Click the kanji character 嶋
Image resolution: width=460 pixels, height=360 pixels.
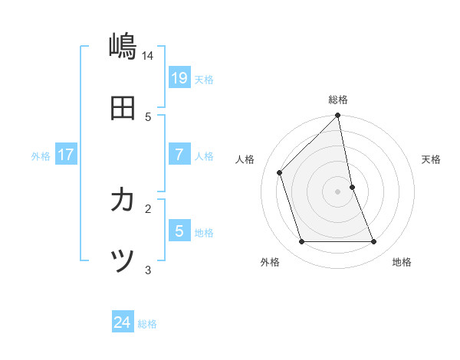pos(123,47)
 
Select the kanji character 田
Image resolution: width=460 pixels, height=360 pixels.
pos(123,109)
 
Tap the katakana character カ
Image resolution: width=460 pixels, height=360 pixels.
pos(123,201)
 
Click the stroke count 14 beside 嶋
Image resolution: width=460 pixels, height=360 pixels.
pos(148,56)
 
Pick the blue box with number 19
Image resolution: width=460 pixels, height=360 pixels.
pos(179,77)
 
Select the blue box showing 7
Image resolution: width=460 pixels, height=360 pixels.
pos(179,154)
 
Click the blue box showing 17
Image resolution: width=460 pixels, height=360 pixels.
pos(66,154)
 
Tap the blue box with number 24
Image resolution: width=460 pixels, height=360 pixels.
pos(123,322)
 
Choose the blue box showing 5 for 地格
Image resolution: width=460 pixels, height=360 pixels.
pos(179,231)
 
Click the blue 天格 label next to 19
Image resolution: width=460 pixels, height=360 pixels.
pos(204,80)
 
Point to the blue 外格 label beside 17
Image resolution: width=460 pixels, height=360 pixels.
pos(41,156)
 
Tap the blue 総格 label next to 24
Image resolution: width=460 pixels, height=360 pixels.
pos(147,325)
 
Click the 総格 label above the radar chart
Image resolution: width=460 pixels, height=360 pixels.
pos(338,100)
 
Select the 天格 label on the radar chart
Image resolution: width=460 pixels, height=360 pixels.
pos(432,159)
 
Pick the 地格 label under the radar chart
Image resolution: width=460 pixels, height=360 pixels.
pos(402,262)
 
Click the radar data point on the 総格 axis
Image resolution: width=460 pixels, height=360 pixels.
pos(338,116)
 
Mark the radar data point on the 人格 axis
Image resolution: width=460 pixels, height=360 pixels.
pos(280,172)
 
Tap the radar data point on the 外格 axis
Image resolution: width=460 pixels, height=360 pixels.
pos(302,242)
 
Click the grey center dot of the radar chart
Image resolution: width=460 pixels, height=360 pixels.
pos(338,191)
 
